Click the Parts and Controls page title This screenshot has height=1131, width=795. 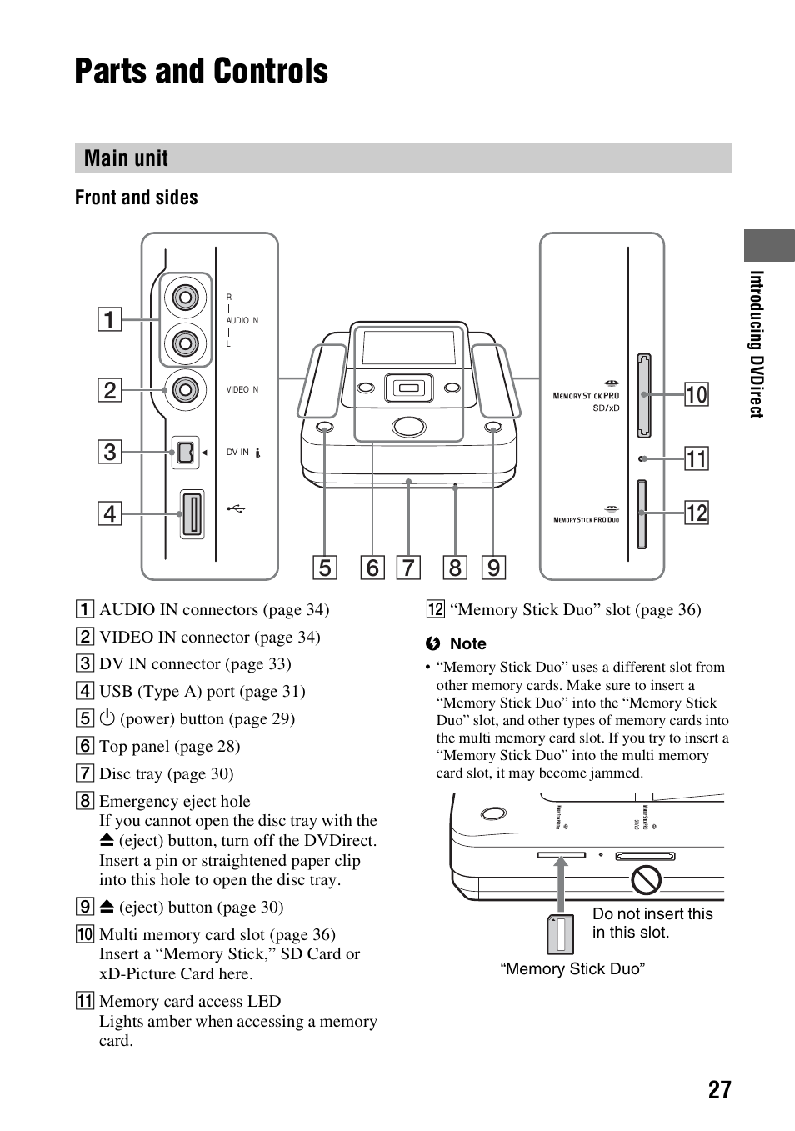[x=201, y=72]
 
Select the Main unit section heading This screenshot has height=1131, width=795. [x=126, y=158]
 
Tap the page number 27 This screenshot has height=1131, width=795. [x=720, y=1089]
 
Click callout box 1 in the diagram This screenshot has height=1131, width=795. [x=109, y=319]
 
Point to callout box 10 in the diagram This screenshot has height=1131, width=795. [x=696, y=394]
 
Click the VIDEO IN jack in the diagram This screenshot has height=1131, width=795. [x=185, y=389]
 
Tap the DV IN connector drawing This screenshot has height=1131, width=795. [x=185, y=453]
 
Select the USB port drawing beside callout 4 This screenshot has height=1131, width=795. [x=192, y=513]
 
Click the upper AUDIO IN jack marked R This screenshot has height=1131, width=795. [x=185, y=298]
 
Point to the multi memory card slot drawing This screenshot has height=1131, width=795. [x=643, y=395]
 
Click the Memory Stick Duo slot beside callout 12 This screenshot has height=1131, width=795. [x=641, y=513]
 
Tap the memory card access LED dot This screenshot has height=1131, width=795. [x=641, y=458]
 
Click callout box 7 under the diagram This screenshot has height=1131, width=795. [x=407, y=568]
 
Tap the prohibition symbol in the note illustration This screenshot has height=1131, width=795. [x=646, y=879]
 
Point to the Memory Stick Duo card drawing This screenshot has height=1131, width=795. [x=561, y=934]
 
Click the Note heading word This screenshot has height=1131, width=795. [x=467, y=643]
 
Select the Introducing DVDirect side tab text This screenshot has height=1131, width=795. [x=757, y=343]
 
